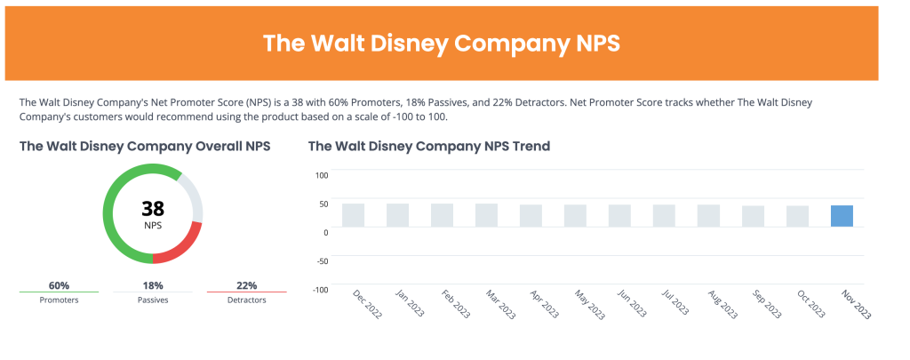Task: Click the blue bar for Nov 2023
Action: coord(842,216)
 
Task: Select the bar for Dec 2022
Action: coord(353,215)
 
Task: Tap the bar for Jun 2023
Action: coord(619,216)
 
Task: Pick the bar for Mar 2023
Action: coord(486,215)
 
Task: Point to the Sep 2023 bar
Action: coord(753,217)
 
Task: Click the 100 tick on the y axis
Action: coord(322,174)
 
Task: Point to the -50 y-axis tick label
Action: coord(322,260)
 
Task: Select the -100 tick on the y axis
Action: coord(321,289)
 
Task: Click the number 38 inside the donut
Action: coord(153,209)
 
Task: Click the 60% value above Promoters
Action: coord(60,285)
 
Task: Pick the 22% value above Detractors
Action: coord(246,285)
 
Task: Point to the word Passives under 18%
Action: coord(153,300)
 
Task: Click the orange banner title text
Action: coord(442,44)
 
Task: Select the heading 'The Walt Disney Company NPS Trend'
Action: coord(429,146)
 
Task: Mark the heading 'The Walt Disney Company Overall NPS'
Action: coord(145,146)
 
